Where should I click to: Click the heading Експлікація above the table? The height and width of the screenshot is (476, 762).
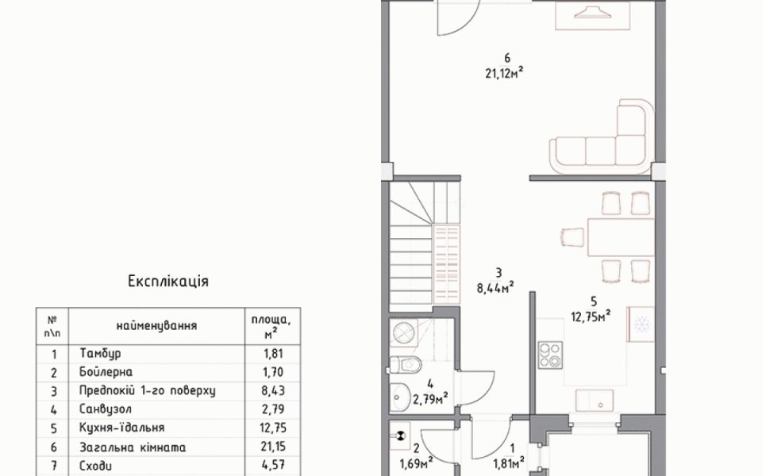click(x=168, y=281)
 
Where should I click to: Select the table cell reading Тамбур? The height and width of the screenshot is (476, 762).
click(x=100, y=353)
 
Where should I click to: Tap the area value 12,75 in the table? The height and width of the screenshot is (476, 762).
click(x=274, y=428)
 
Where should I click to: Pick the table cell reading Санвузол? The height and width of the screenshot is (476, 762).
click(x=106, y=409)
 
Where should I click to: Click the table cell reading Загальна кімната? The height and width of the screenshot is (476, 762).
click(x=133, y=447)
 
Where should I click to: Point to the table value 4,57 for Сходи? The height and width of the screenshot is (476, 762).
click(x=274, y=466)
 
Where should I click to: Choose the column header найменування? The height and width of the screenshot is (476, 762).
click(x=156, y=325)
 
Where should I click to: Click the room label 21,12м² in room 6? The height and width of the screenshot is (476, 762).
click(x=504, y=73)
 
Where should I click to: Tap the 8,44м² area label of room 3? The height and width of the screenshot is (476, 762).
click(x=495, y=288)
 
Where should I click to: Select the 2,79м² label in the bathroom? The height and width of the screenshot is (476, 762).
click(x=430, y=399)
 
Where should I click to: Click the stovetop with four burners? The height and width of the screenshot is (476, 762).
click(x=551, y=354)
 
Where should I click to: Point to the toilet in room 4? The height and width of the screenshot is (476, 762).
click(x=405, y=363)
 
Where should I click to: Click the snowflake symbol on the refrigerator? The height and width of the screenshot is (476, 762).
click(x=641, y=324)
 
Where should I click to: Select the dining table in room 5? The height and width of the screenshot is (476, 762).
click(x=621, y=237)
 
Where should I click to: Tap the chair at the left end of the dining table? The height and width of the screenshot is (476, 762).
click(x=573, y=237)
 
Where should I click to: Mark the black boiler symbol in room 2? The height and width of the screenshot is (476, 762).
click(x=401, y=436)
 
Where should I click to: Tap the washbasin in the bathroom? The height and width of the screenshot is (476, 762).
click(x=400, y=397)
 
